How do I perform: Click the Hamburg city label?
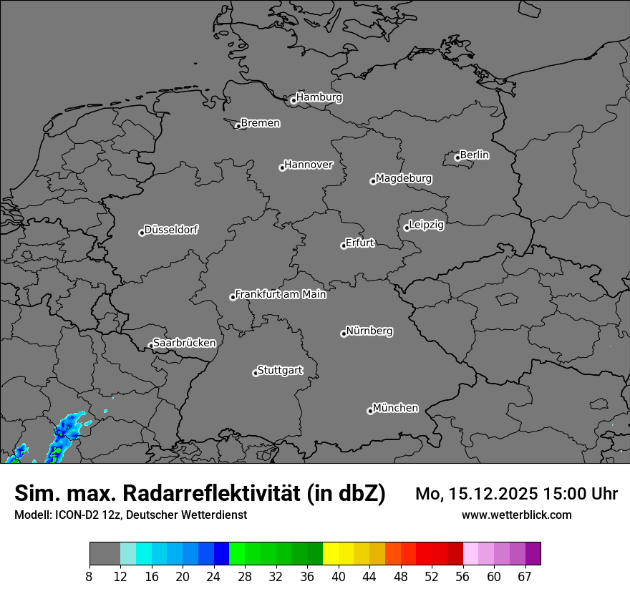coord(319,97)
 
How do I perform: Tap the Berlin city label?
coord(475,155)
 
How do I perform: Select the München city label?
coord(396,408)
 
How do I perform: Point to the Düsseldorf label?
coord(172,230)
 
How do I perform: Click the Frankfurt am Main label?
coord(281,294)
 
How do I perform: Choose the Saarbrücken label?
coord(185,343)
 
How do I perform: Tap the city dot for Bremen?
coord(238,126)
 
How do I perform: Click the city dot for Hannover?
coord(282,167)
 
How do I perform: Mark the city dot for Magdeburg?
coord(373,181)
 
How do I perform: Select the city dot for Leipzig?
coord(407,228)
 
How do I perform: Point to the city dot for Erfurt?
coord(344,245)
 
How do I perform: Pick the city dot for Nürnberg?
coord(344,333)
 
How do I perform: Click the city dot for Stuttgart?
coord(256,373)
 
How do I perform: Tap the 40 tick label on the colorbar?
coord(339,577)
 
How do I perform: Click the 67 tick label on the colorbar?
coord(525,577)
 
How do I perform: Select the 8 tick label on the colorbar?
coord(89,577)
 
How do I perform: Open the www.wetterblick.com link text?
coord(517,515)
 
